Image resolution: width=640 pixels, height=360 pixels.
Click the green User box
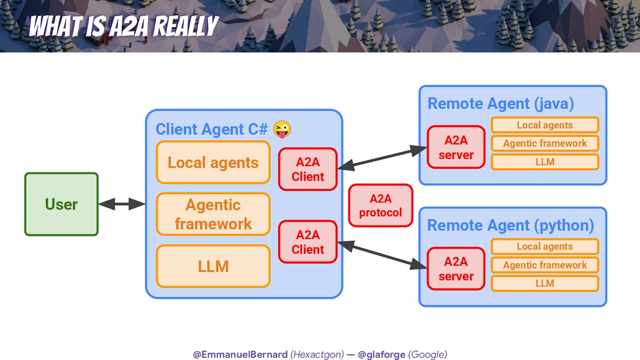[x=61, y=204]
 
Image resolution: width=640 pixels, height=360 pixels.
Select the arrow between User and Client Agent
[x=122, y=204]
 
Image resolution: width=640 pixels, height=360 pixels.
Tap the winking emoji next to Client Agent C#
[x=282, y=129]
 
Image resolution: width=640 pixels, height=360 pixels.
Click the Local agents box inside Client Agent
[x=213, y=163]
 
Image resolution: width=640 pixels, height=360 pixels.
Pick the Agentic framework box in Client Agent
[x=213, y=214]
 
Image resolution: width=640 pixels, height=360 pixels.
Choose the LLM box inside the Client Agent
[x=213, y=266]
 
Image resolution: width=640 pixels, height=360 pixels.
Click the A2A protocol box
[x=380, y=206]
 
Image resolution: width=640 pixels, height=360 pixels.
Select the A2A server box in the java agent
[x=456, y=147]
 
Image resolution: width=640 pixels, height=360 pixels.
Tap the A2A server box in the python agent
[x=456, y=268]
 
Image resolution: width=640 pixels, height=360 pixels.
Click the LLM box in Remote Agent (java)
[x=545, y=162]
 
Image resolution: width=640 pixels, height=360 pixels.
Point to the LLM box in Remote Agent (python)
[x=545, y=283]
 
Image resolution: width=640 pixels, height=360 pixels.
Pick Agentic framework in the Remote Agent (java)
[x=545, y=143]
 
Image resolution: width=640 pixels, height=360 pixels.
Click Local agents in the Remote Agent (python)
[x=545, y=246]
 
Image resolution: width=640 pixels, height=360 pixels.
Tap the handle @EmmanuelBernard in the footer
[x=240, y=354]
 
